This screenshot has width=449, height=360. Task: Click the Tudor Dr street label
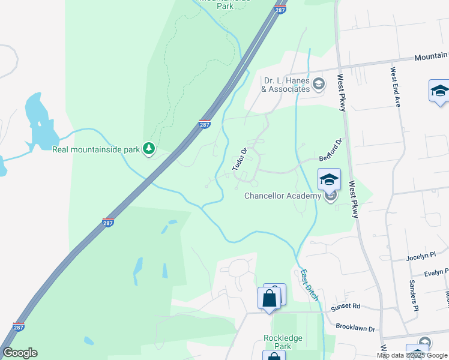pyautogui.click(x=240, y=160)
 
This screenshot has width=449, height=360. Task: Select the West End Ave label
pyautogui.click(x=395, y=87)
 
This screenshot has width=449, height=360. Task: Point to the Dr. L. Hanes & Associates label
pyautogui.click(x=286, y=85)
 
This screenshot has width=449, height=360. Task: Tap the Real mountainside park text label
pyautogui.click(x=96, y=150)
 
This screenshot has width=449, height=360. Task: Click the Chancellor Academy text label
pyautogui.click(x=283, y=196)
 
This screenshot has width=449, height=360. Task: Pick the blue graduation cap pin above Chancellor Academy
pyautogui.click(x=329, y=180)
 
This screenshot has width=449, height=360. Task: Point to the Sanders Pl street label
pyautogui.click(x=414, y=295)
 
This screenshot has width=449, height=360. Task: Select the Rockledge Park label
pyautogui.click(x=283, y=342)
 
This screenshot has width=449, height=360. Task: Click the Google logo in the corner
pyautogui.click(x=20, y=353)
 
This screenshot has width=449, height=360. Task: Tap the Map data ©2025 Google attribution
pyautogui.click(x=411, y=355)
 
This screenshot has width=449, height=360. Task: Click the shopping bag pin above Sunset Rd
pyautogui.click(x=269, y=298)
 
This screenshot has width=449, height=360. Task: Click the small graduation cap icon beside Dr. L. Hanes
pyautogui.click(x=318, y=84)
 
